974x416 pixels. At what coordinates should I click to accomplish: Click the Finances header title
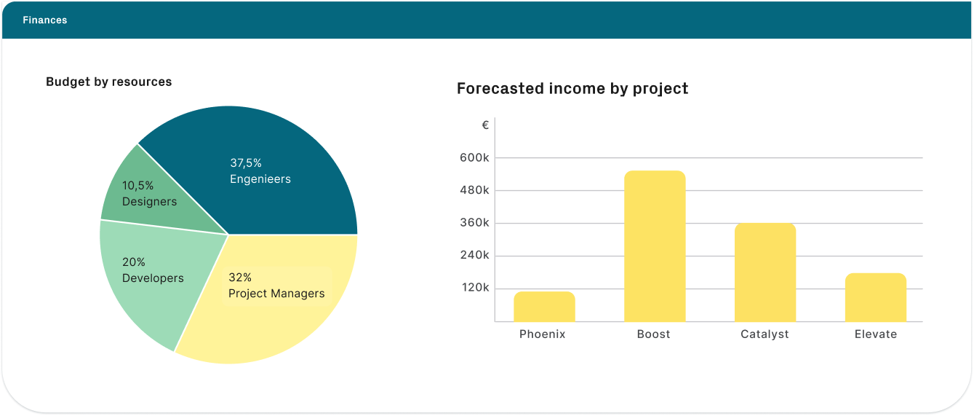coord(44,20)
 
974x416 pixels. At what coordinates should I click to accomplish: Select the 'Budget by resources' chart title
coord(109,82)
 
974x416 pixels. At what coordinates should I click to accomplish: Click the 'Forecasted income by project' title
coord(572,89)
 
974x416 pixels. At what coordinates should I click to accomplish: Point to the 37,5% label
coord(246,163)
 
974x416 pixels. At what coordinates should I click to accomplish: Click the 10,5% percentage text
coord(137,186)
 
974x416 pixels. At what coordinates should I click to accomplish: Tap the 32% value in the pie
coord(240,278)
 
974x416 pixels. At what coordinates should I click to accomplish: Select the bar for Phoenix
coord(544,307)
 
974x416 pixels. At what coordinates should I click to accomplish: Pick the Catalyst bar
coord(765,272)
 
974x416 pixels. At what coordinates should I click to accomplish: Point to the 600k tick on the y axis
coord(474,157)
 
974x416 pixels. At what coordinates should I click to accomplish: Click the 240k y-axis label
coord(474,256)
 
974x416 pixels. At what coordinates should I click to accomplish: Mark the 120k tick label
coord(474,288)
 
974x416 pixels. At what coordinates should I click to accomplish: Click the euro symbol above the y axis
coord(485,125)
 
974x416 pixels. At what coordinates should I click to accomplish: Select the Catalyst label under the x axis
coord(765,334)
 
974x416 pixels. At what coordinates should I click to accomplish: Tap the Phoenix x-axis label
coord(543,334)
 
